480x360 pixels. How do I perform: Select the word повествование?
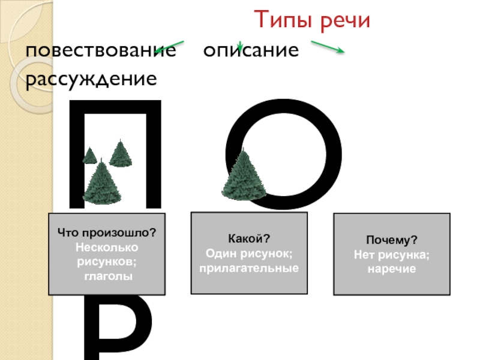(101, 50)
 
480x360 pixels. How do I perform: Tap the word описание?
(250, 50)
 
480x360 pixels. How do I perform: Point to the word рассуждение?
(91, 79)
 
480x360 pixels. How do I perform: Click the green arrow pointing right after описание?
(327, 47)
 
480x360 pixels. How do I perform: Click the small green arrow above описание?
(239, 46)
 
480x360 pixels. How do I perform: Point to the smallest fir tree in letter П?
(89, 155)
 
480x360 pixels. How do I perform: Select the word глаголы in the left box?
(107, 276)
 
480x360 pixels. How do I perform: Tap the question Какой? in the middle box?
(248, 239)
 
